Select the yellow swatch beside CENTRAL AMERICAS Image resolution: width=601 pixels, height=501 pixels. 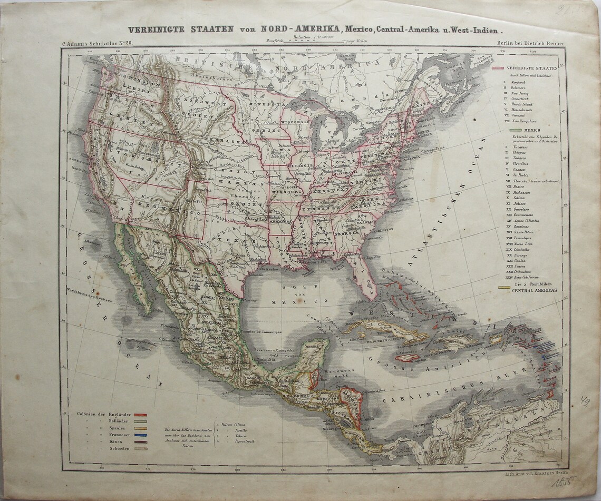point(504,288)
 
